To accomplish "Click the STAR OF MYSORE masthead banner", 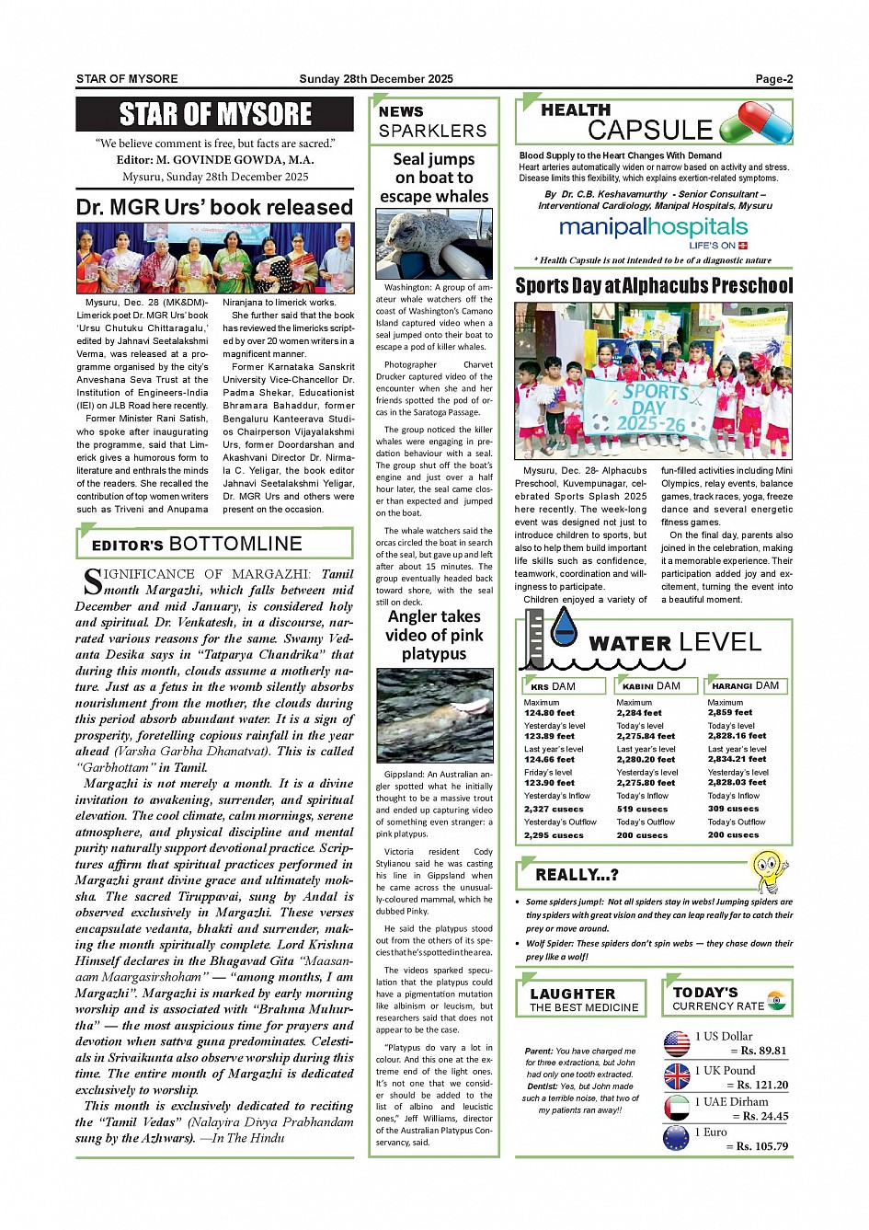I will pyautogui.click(x=215, y=114).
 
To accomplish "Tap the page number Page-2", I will pyautogui.click(x=773, y=79).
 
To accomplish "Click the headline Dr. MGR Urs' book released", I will pyautogui.click(x=214, y=207).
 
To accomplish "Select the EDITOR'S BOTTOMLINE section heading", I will pyautogui.click(x=197, y=545).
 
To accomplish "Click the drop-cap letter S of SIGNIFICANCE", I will pyautogui.click(x=92, y=581).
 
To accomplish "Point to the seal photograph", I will pyautogui.click(x=434, y=244).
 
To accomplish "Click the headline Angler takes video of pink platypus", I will pyautogui.click(x=434, y=635).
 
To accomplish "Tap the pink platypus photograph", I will pyautogui.click(x=434, y=716).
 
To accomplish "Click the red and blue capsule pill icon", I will pyautogui.click(x=756, y=122).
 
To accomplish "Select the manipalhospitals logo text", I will pyautogui.click(x=653, y=227).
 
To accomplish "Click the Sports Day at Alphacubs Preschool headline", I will pyautogui.click(x=653, y=286).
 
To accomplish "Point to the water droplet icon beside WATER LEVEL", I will pyautogui.click(x=563, y=627).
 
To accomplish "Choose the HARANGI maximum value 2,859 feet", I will pyautogui.click(x=729, y=713).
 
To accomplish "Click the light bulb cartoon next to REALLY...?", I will pyautogui.click(x=768, y=870).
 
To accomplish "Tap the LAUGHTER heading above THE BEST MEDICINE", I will pyautogui.click(x=572, y=994).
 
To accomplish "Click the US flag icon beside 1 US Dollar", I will pyautogui.click(x=677, y=1043).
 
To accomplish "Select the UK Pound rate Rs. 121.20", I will pyautogui.click(x=757, y=1085).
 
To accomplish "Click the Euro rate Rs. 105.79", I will pyautogui.click(x=757, y=1146).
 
